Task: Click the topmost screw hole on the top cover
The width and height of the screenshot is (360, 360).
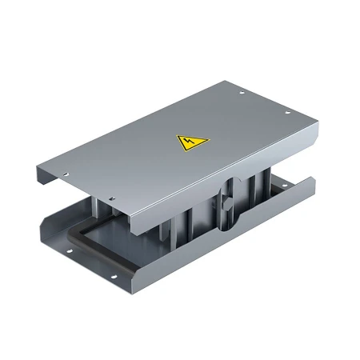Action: pos(242,93)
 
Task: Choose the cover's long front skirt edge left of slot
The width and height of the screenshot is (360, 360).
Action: pos(168,212)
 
